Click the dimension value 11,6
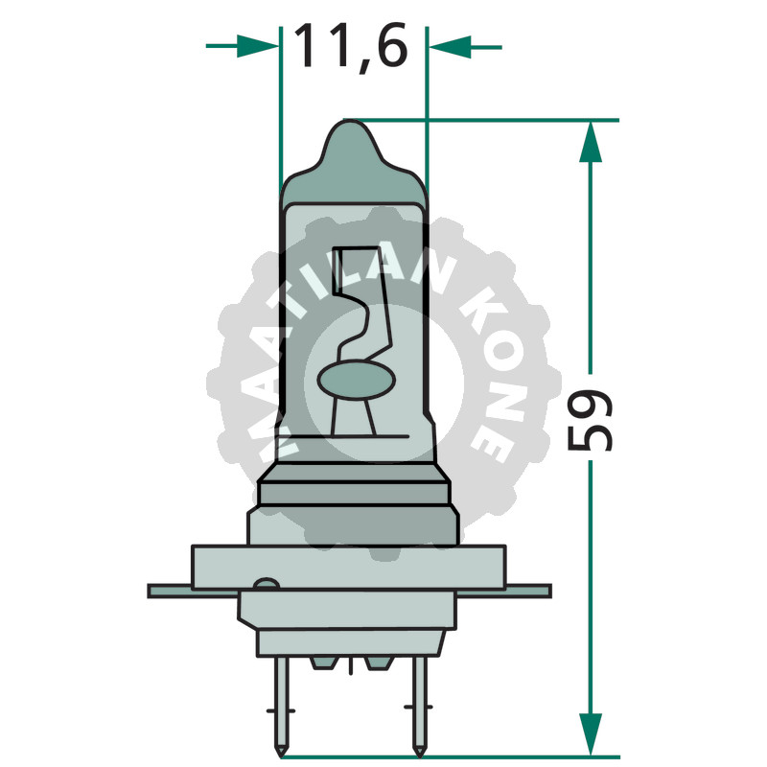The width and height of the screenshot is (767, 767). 351,45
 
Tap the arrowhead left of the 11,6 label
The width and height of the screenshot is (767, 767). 257,45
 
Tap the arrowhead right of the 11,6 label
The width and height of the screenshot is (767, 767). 450,45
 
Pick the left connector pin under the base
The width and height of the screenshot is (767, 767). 282,700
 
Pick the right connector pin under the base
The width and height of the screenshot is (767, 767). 418,700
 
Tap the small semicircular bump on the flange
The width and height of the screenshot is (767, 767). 266,585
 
